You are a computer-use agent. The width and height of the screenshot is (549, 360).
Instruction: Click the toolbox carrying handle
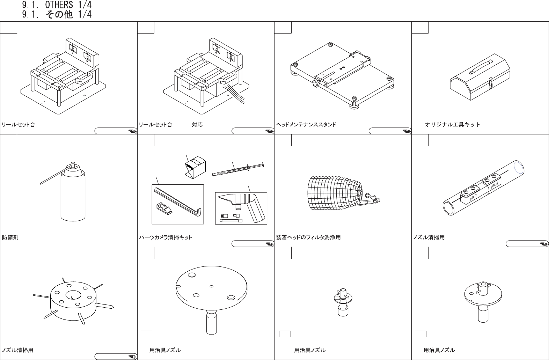point(480,67)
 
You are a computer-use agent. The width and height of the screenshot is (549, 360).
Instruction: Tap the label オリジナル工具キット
point(453,125)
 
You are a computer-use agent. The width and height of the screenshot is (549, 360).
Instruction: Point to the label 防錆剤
point(10,237)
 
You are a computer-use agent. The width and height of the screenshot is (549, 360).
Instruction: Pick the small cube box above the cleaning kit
point(195,167)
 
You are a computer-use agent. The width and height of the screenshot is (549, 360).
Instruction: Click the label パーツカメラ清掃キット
point(166,237)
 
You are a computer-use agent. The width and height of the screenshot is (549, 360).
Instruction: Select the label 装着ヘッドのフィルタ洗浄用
point(308,237)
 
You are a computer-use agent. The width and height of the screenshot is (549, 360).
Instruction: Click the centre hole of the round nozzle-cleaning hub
point(73,294)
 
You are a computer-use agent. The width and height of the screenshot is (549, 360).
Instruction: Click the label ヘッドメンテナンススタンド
point(306,125)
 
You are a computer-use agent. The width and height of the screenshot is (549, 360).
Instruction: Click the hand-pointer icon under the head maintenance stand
point(407,131)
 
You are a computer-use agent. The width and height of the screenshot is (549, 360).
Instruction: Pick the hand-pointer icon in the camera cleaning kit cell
point(269,244)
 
